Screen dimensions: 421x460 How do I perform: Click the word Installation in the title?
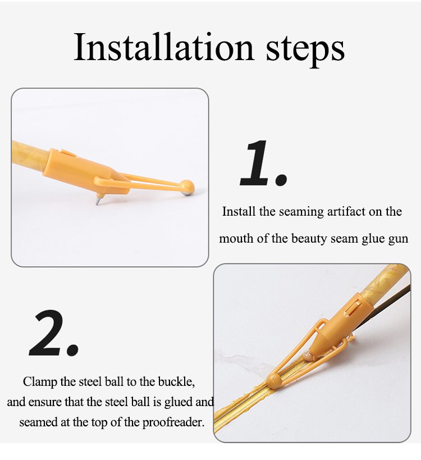point(163,47)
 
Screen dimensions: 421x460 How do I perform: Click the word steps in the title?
point(305,51)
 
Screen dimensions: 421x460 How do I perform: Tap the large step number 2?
point(54,333)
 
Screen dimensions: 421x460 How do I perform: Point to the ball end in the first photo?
point(187,187)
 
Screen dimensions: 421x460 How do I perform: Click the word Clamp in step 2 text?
point(40,382)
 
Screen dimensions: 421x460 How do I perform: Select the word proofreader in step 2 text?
point(173,423)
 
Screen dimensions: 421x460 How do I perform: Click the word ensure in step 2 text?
point(45,402)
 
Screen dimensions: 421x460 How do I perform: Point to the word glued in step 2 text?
point(179,403)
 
